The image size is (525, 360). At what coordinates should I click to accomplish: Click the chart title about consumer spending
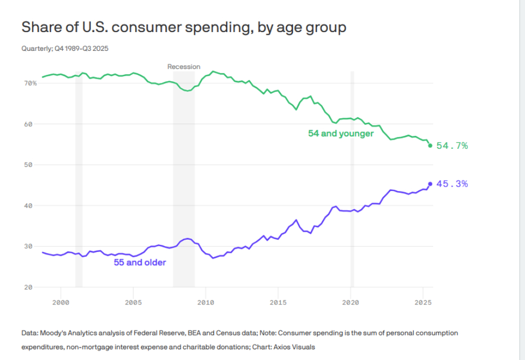pyautogui.click(x=183, y=27)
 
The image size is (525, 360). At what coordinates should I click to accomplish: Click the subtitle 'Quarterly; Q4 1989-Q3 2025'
pyautogui.click(x=65, y=49)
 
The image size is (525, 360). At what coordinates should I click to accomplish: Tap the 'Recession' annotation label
pyautogui.click(x=184, y=67)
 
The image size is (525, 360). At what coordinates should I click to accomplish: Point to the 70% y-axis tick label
pyautogui.click(x=30, y=83)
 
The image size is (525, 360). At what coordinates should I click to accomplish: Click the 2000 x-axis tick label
pyautogui.click(x=61, y=303)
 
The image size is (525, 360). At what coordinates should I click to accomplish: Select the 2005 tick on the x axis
pyautogui.click(x=133, y=303)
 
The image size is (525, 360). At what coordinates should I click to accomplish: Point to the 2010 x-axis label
pyautogui.click(x=206, y=303)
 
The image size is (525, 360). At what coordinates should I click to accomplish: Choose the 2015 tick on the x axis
pyautogui.click(x=278, y=303)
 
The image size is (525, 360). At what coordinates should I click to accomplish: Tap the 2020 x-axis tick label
pyautogui.click(x=351, y=303)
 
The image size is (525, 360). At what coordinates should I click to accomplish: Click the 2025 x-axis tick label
pyautogui.click(x=423, y=303)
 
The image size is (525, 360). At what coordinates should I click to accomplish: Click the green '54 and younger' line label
pyautogui.click(x=341, y=134)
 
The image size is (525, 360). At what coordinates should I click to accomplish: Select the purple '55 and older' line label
pyautogui.click(x=140, y=263)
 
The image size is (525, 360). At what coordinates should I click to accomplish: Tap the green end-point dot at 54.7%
pyautogui.click(x=430, y=145)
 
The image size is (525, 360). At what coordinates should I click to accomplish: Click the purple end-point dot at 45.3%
pyautogui.click(x=430, y=184)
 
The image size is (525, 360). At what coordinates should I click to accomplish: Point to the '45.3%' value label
pyautogui.click(x=452, y=184)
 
